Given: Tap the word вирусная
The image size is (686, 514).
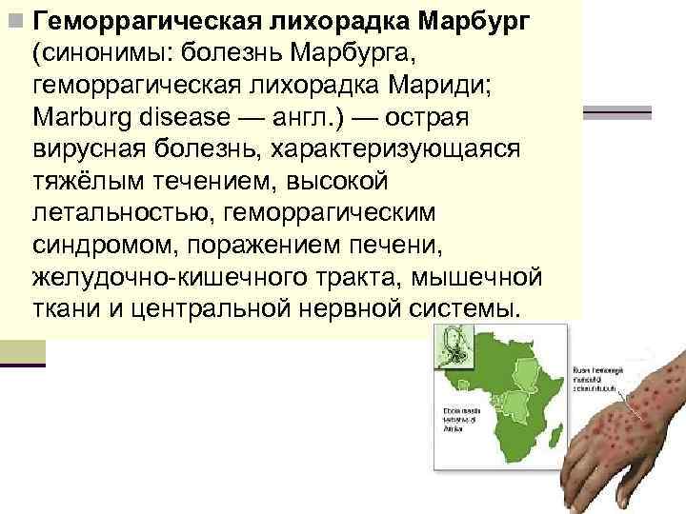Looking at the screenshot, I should pyautogui.click(x=91, y=151).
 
